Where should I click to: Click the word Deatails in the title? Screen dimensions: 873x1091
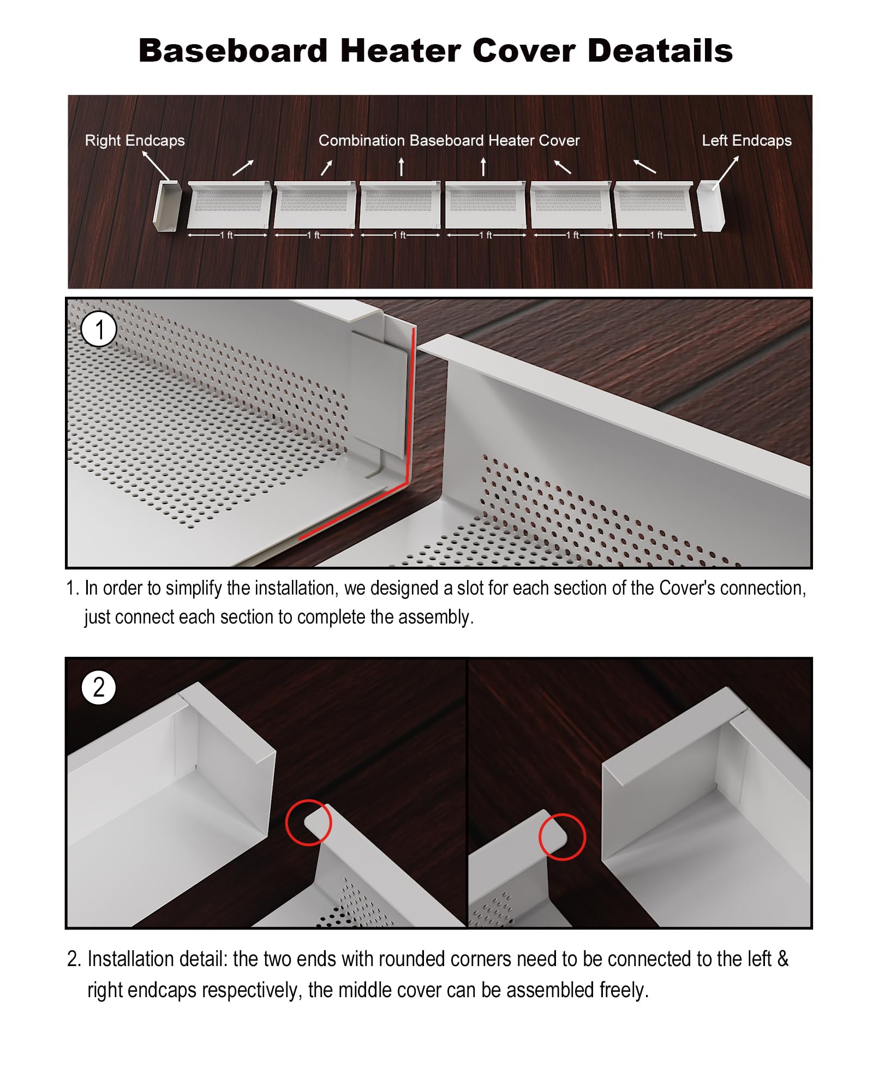click(x=660, y=51)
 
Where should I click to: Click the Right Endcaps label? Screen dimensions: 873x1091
click(x=135, y=141)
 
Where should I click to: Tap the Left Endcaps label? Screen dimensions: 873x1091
click(x=746, y=141)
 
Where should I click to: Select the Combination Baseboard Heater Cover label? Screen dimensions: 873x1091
click(x=449, y=141)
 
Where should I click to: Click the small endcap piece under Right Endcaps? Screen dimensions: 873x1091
click(x=165, y=206)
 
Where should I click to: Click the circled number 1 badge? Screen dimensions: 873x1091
click(x=99, y=330)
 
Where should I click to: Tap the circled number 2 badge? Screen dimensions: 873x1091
click(x=99, y=687)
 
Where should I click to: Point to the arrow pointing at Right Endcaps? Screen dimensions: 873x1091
click(x=156, y=165)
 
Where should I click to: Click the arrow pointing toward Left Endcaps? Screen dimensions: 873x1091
click(x=726, y=173)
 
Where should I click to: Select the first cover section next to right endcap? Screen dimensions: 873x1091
click(x=229, y=205)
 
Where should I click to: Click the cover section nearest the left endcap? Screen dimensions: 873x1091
click(x=654, y=205)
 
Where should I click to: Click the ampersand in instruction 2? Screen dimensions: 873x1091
click(x=783, y=959)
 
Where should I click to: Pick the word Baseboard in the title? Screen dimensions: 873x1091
click(x=233, y=51)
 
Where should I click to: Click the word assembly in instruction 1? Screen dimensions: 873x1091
click(x=435, y=618)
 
